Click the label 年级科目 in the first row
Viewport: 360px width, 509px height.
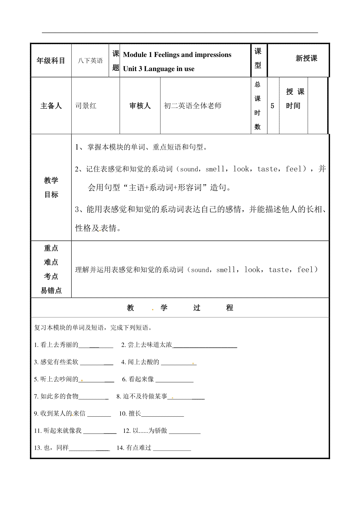[51, 61]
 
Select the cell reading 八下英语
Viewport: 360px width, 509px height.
[90, 61]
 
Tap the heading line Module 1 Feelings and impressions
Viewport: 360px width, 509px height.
[177, 55]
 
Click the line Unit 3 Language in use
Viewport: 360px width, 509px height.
[159, 69]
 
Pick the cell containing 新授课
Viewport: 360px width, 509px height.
[306, 58]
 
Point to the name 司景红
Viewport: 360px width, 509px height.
[86, 106]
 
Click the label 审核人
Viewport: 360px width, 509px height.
[140, 106]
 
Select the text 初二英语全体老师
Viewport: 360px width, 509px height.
[193, 106]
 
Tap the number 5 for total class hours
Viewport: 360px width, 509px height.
[272, 106]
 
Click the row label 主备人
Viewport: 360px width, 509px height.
[51, 106]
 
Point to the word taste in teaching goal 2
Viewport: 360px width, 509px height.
[267, 169]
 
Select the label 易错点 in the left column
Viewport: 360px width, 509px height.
[51, 290]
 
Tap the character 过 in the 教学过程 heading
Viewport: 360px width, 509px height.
[197, 308]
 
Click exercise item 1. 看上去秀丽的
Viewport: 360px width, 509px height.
[56, 345]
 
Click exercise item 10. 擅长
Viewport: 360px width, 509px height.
[130, 414]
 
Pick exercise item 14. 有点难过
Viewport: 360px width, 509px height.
[134, 448]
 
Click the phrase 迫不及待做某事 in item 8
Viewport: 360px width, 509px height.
[145, 396]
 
